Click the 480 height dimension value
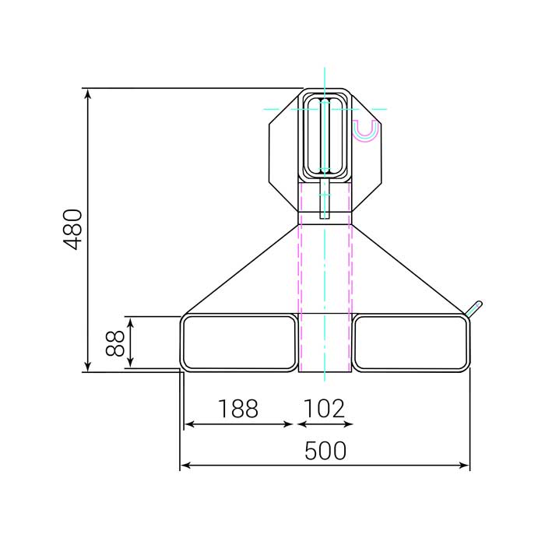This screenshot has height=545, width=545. (x=73, y=229)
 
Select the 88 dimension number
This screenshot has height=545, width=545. (x=115, y=343)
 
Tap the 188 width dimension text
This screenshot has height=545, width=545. (x=237, y=409)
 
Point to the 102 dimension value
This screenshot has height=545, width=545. (x=324, y=409)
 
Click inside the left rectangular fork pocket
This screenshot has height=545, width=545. (x=240, y=343)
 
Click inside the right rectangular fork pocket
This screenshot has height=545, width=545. (x=412, y=343)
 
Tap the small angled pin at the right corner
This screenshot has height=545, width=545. (x=473, y=308)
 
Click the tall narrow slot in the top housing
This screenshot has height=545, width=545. (x=325, y=136)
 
